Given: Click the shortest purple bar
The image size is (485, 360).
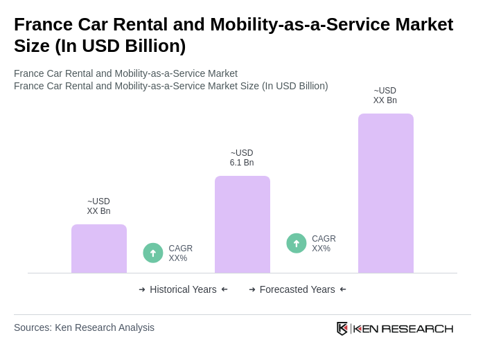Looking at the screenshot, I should (x=99, y=249).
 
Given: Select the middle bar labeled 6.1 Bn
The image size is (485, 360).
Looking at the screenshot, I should (x=242, y=224).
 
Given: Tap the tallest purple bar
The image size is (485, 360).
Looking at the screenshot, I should (x=386, y=193).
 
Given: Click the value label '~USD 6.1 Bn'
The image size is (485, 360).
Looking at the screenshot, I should (x=242, y=158).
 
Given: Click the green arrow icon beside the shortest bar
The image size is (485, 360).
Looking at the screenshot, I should (x=153, y=253).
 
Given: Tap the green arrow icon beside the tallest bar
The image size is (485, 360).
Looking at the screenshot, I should (x=297, y=243).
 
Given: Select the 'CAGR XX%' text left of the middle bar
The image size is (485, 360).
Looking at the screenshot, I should (x=180, y=253).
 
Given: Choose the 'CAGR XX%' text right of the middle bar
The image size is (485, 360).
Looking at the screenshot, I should (x=324, y=244).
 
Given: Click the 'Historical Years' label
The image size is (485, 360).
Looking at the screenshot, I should (x=183, y=289).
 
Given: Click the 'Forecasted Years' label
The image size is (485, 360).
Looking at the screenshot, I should (x=297, y=289).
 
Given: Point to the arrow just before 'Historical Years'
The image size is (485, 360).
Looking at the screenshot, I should (x=142, y=289).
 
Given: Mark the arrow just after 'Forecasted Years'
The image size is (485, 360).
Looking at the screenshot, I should (x=343, y=289).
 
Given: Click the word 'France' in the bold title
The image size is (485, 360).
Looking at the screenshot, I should (x=43, y=24).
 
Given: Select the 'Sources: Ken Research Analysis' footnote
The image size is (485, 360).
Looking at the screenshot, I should (x=84, y=327).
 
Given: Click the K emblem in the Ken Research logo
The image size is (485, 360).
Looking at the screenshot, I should (x=342, y=328).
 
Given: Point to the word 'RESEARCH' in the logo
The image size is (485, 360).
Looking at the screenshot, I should (x=417, y=328).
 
